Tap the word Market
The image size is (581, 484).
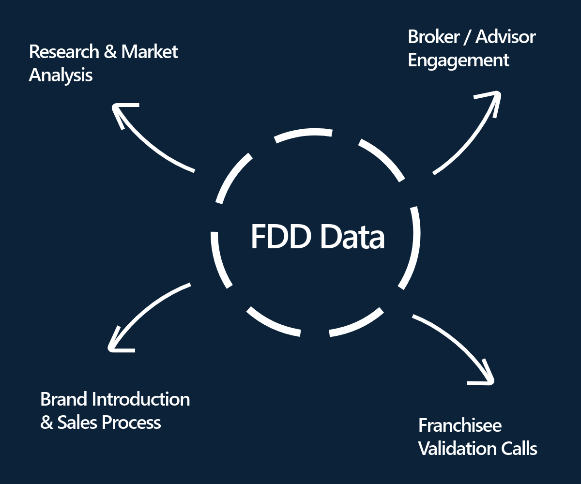(x=150, y=52)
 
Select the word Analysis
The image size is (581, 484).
(x=61, y=76)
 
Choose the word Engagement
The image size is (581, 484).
(x=458, y=60)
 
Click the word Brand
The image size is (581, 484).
(x=64, y=399)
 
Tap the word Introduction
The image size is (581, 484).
(x=141, y=399)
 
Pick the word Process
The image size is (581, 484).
(x=132, y=423)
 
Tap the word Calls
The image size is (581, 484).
(x=519, y=449)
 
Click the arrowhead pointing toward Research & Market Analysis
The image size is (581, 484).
(x=119, y=109)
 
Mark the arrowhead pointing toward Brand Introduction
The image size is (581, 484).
(x=114, y=344)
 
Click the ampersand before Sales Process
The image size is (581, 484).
(x=46, y=423)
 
